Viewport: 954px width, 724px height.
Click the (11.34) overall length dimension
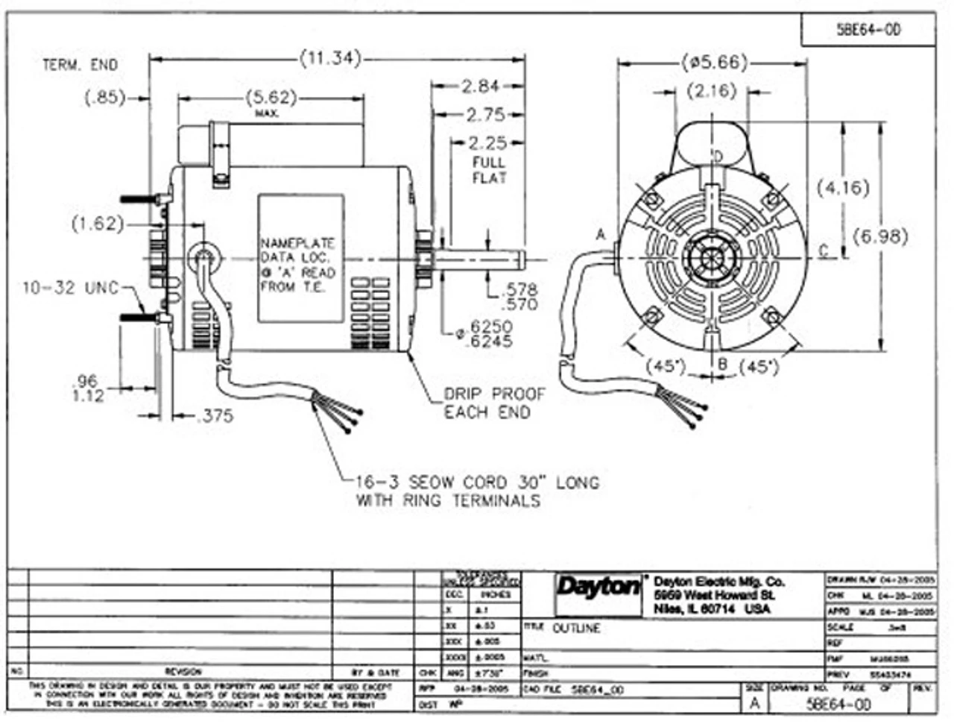pos(330,57)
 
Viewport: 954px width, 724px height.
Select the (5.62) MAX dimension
pos(271,98)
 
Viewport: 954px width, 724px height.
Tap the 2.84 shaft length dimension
pos(479,86)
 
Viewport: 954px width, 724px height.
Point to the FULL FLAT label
pos(488,170)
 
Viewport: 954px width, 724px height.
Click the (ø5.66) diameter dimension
pos(713,62)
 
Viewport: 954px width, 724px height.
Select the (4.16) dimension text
pos(842,186)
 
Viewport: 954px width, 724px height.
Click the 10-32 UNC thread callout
pos(70,287)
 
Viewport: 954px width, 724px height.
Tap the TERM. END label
pos(80,66)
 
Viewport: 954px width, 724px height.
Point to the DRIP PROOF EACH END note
pos(494,403)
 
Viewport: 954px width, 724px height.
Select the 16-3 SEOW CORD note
pos(477,491)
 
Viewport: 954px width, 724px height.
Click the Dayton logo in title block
pos(597,588)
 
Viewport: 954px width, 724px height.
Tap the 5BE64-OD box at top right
pos(868,30)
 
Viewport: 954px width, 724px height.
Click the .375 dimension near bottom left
pos(214,417)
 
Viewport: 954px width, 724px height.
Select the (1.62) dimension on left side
pos(98,224)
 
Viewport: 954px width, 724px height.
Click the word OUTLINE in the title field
pos(576,629)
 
